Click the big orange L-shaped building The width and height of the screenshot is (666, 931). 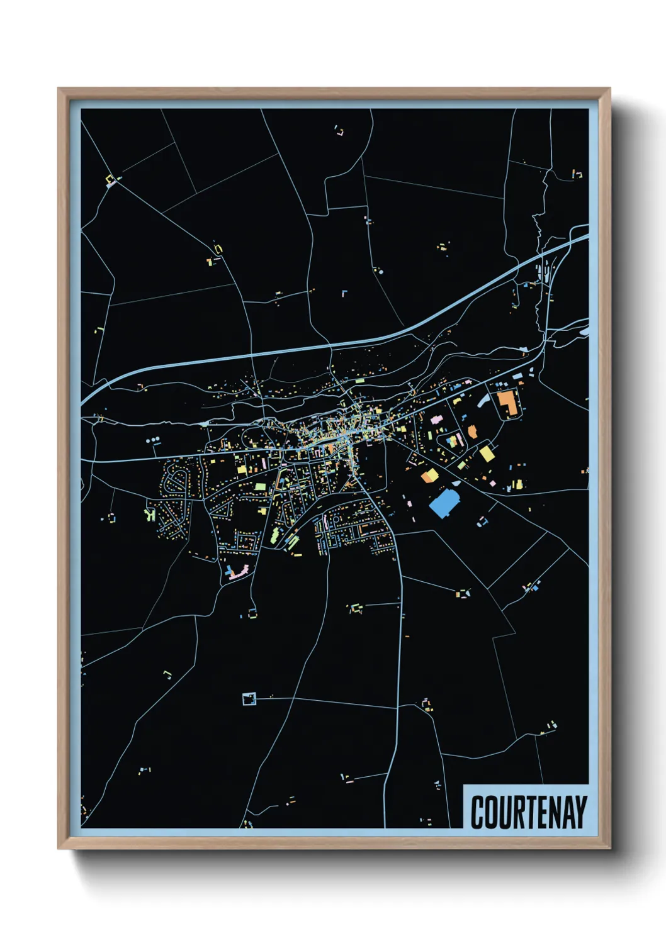coord(509,403)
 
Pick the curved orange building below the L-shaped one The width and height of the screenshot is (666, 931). coord(472,432)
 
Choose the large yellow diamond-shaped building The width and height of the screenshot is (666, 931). coord(487,454)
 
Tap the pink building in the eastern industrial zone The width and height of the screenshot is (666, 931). coord(434,419)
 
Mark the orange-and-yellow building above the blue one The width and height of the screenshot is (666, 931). coord(429,475)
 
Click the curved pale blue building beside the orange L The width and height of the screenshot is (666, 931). coord(485,400)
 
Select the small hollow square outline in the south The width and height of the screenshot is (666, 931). coord(249,698)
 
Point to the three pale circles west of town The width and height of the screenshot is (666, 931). coord(154,441)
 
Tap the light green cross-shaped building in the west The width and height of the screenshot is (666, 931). coord(150,515)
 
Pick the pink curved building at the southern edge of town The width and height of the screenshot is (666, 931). coord(238,572)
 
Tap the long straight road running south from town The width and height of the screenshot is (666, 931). coord(400,629)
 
